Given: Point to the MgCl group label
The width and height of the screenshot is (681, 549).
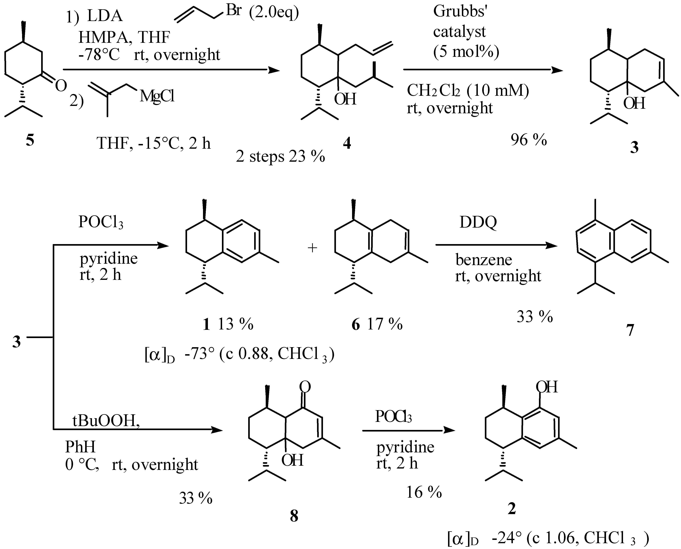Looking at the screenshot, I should [x=157, y=96].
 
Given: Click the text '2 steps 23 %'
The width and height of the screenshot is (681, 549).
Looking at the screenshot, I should [x=280, y=156].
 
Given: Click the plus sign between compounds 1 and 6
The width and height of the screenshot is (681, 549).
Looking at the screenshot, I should [x=312, y=248].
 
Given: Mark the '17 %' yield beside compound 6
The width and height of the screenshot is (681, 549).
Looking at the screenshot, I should [x=385, y=324].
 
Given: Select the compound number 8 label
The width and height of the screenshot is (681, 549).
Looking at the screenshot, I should [x=294, y=516].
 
